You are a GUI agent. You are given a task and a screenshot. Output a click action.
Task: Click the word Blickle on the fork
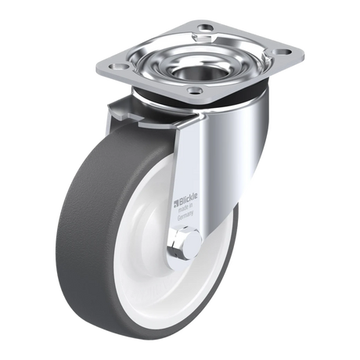point(188,197)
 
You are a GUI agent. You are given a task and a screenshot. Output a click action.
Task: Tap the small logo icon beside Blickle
point(176,202)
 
